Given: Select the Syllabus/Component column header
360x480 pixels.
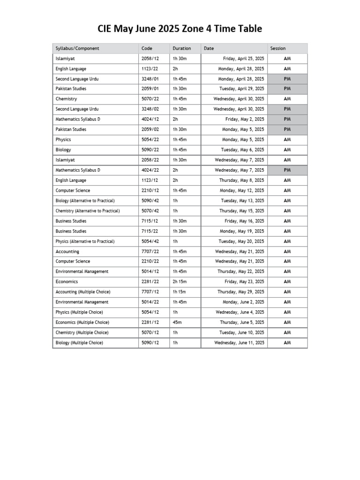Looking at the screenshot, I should click(77, 48).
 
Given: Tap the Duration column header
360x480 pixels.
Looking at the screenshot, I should click(182, 48).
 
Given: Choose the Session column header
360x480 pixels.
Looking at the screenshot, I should click(278, 48).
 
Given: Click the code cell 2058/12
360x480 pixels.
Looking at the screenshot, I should click(150, 59).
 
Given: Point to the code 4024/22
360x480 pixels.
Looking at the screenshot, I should click(150, 170).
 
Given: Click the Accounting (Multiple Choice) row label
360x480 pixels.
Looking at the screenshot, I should click(83, 292).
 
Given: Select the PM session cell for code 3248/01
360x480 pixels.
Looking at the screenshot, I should click(287, 79).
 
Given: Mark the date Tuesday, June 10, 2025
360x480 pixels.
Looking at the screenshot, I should click(242, 333).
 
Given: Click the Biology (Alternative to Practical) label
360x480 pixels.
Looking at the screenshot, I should click(85, 201).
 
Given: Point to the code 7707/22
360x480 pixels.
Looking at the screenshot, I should click(150, 251).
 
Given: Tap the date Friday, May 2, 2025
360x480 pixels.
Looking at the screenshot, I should click(245, 120).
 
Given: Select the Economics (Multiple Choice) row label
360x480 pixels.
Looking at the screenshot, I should click(82, 322).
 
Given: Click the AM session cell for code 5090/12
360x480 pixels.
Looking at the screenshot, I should click(287, 343).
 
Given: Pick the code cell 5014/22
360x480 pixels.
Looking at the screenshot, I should click(150, 302).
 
